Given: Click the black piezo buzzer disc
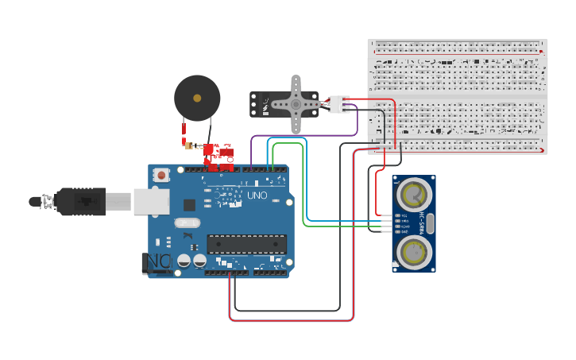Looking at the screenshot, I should tap(197, 97).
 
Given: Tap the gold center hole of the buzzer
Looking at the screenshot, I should tap(197, 98).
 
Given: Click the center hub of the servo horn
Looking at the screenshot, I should tap(296, 103).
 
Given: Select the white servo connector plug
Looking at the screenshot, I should tap(340, 104).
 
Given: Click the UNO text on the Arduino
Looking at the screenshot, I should tap(257, 195).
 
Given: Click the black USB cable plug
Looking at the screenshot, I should tap(80, 202).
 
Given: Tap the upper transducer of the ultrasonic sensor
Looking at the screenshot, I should tap(413, 193).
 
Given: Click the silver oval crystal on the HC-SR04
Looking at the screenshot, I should tap(430, 223).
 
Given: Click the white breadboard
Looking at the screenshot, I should tap(458, 95).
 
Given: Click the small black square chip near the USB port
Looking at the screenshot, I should tap(189, 235).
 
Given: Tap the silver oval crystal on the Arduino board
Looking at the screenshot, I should tap(188, 204).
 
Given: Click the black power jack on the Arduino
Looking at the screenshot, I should tap(157, 261).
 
